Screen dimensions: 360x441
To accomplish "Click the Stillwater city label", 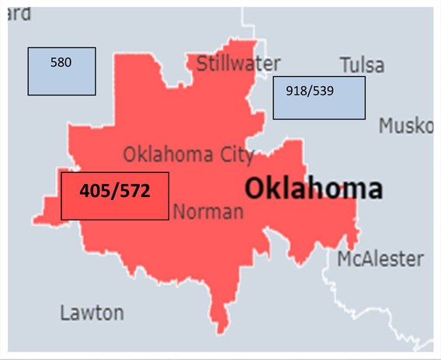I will coord(238,64).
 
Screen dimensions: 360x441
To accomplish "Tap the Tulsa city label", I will coord(363,64).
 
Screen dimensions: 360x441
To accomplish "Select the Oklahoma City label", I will coord(189,154).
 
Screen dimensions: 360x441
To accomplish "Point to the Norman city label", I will coord(208,210).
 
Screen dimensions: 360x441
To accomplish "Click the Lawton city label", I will coord(92,313).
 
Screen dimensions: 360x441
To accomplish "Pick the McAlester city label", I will coord(380,258).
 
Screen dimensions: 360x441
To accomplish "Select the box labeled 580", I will coord(62,71).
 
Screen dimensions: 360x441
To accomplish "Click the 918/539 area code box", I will coord(318,98).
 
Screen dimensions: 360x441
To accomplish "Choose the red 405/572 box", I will coord(115,196).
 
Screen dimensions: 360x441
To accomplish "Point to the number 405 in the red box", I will coord(96,189).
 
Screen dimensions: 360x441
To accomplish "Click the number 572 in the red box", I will coord(133,189).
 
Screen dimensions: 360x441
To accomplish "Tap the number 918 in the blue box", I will coord(296,90).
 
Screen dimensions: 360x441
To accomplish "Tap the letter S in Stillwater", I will coord(202,63).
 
